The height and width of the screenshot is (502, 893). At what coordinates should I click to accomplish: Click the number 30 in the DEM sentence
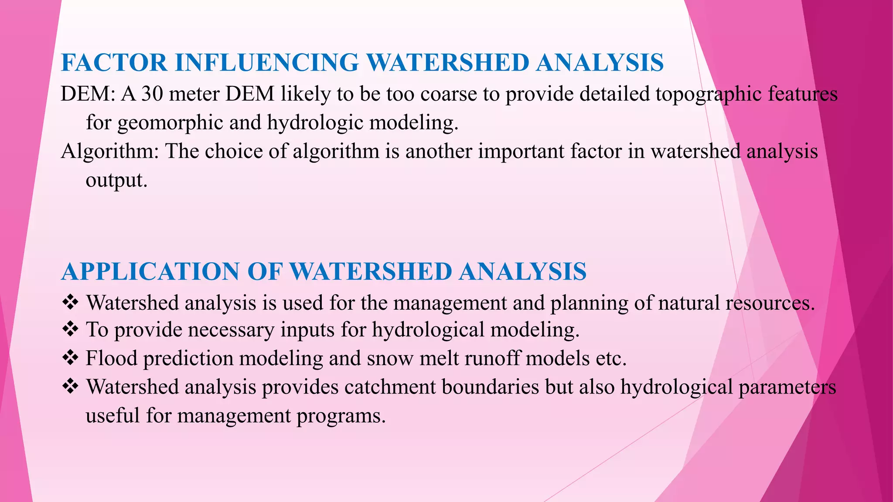coord(152,94)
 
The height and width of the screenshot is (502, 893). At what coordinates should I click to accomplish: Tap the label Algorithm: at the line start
coord(110,152)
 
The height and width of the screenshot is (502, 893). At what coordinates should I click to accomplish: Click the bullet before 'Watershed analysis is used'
coord(70,302)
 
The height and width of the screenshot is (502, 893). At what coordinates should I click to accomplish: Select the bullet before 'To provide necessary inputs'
coord(70,329)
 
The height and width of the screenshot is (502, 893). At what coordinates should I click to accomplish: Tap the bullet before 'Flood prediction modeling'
coord(70,358)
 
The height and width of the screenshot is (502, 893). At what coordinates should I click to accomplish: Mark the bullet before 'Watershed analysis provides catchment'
coord(70,386)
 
